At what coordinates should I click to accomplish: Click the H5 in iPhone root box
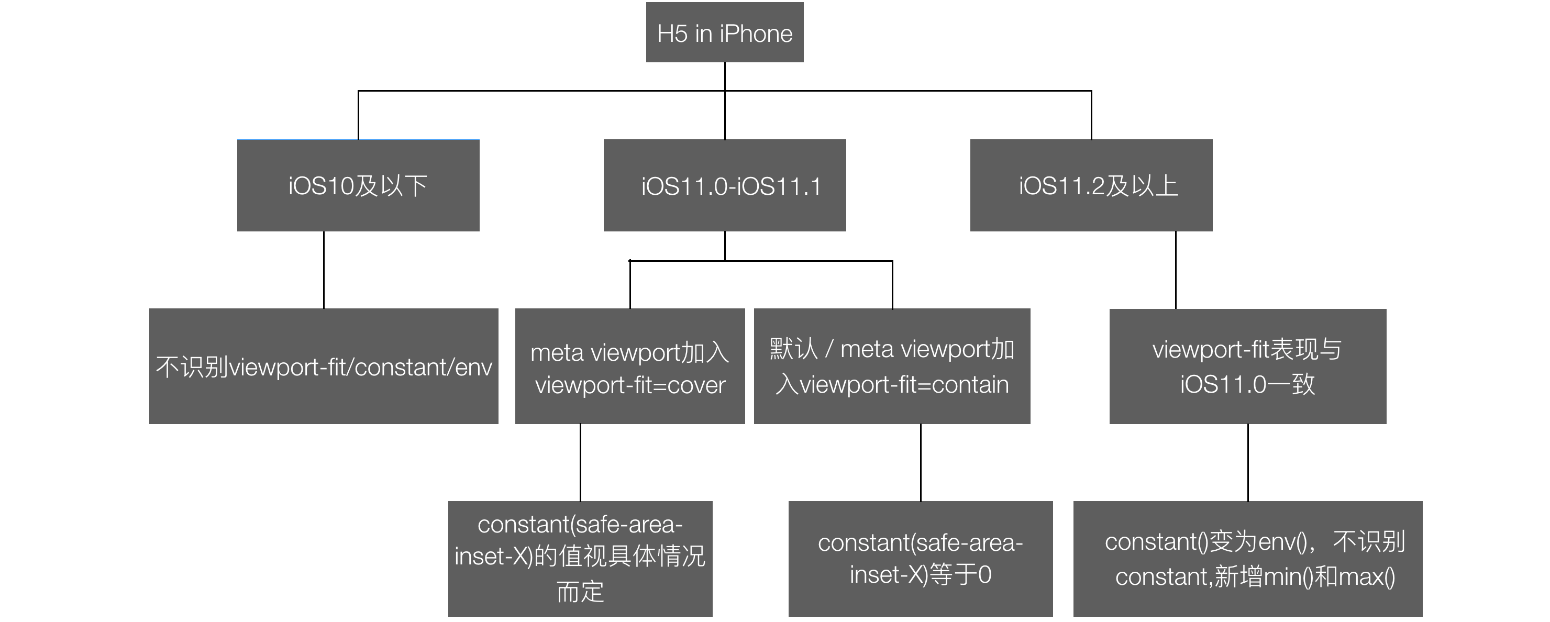(x=724, y=32)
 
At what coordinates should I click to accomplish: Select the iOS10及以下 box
(x=358, y=185)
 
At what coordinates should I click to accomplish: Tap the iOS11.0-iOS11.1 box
(x=724, y=185)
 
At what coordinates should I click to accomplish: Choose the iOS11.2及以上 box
(x=1091, y=185)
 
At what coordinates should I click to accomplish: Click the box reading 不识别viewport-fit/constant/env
(x=324, y=366)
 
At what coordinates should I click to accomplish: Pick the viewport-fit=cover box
(x=630, y=366)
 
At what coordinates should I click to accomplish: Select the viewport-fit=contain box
(x=892, y=366)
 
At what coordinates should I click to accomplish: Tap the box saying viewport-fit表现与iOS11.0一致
(x=1248, y=366)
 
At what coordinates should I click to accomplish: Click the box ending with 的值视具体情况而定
(x=580, y=559)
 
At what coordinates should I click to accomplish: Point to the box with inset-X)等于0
(x=921, y=559)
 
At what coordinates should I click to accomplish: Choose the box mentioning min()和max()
(x=1248, y=559)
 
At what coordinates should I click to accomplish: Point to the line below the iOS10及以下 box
(x=324, y=270)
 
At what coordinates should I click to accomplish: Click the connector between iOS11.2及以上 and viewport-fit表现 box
(x=1176, y=270)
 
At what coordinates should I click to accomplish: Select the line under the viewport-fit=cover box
(x=580, y=463)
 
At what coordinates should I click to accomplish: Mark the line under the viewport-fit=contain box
(x=921, y=463)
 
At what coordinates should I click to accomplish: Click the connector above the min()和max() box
(x=1248, y=463)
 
